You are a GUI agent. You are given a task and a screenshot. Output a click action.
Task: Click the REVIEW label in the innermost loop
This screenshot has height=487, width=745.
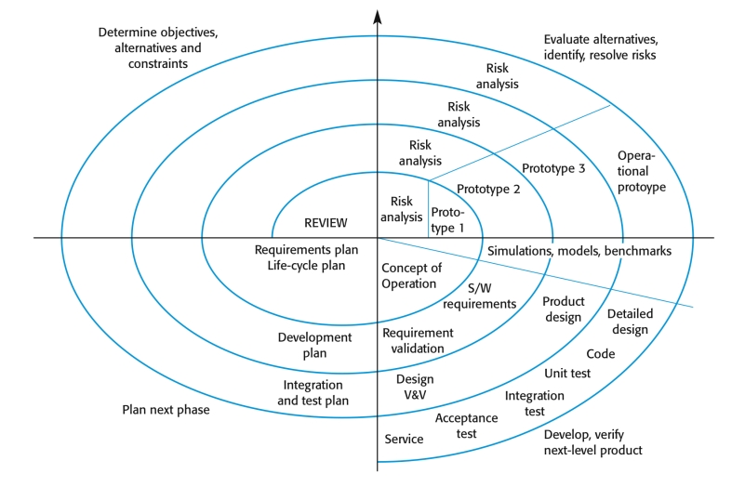(326, 223)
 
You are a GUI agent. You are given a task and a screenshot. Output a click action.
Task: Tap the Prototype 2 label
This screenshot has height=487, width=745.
(488, 190)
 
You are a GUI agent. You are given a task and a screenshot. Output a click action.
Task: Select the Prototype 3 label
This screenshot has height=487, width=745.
(553, 168)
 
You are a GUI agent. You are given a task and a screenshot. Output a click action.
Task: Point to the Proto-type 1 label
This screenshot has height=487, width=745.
(447, 220)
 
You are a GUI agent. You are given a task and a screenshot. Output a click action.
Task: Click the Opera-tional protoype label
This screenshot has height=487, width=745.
(642, 172)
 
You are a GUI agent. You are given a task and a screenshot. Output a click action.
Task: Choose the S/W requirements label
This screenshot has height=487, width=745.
(479, 296)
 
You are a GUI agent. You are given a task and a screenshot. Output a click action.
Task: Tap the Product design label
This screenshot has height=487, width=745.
(563, 309)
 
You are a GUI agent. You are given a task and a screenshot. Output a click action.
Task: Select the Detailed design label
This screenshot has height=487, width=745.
(630, 322)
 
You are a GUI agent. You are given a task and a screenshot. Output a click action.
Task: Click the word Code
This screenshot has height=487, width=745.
(600, 354)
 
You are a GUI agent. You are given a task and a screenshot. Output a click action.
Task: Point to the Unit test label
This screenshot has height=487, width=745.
(567, 374)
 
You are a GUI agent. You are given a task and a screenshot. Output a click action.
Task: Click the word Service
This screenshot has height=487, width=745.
(404, 440)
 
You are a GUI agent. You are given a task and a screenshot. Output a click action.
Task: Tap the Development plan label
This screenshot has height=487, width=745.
(315, 345)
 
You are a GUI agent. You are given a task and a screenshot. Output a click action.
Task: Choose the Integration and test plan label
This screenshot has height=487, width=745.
(316, 392)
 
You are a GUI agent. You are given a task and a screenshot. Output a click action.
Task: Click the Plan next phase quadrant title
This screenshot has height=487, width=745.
(166, 410)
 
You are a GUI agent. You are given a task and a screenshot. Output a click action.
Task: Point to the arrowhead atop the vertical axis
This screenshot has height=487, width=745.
(377, 16)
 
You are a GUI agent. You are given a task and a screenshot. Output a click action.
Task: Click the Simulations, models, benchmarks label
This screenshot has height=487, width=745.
(579, 252)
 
